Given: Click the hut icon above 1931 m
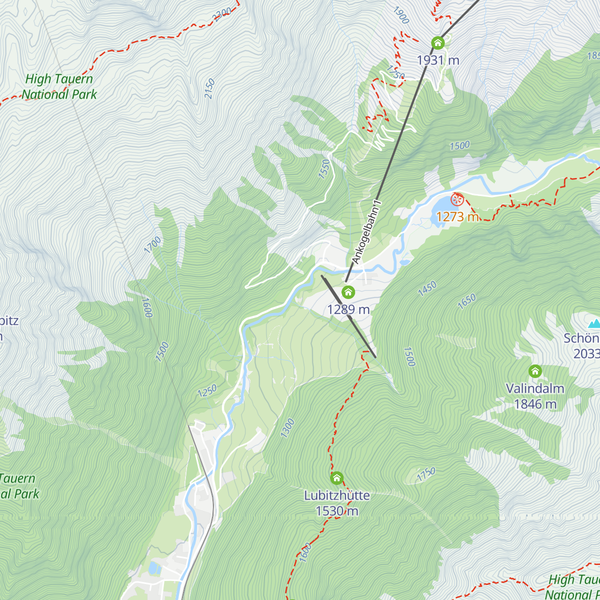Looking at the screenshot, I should coord(438,43).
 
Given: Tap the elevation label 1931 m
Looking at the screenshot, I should coord(438,60).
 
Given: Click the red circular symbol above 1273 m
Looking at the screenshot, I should coord(457,200).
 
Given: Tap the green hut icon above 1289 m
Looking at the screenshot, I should coord(348,292).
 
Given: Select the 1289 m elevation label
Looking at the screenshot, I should coord(348,309).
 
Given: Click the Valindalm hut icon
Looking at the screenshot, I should coord(535,371).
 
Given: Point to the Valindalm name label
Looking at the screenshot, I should coord(535,388).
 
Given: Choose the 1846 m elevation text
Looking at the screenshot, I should coord(535,404).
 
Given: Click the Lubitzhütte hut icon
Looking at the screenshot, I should coord(337,478).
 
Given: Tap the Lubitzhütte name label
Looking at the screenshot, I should coord(337,495).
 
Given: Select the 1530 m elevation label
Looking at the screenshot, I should coord(337,511).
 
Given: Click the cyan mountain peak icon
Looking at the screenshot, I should coord(594,323).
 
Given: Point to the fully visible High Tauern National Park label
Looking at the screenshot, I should coord(59,86).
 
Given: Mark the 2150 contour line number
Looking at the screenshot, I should coord(209,89).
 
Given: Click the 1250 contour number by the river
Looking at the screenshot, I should coord(207,390).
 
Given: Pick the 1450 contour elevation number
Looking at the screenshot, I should coord(427,288).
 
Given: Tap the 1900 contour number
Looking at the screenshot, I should coord(401,15).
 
